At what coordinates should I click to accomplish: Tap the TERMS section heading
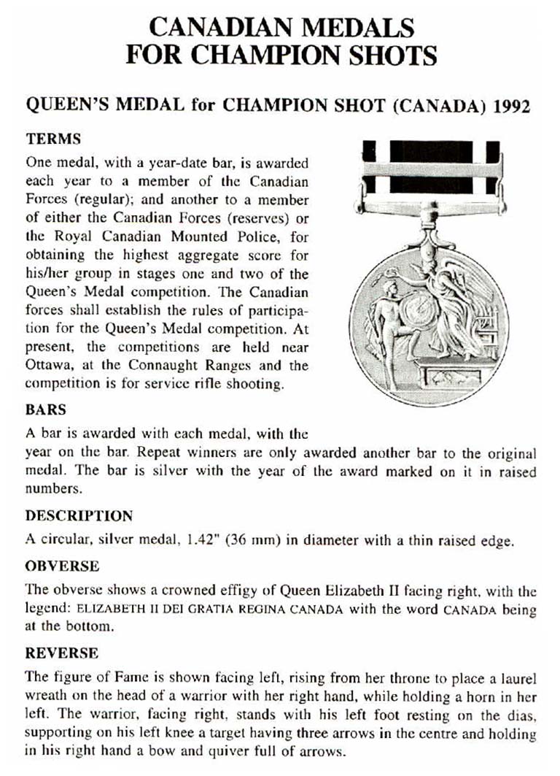52,139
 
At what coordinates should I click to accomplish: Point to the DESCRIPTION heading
79,515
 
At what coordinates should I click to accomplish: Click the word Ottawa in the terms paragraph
49,366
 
